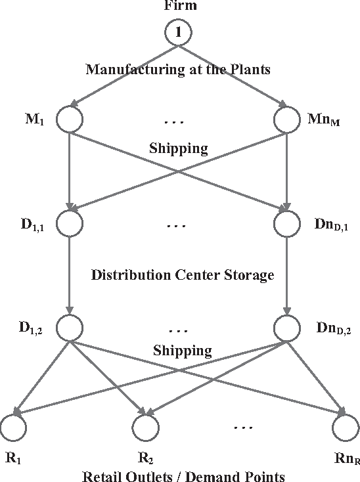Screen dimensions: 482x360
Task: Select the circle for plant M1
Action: (x=69, y=120)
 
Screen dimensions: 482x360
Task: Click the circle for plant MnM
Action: (x=286, y=120)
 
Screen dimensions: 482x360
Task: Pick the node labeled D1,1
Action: (x=69, y=224)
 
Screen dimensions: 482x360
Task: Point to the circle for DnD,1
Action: (x=286, y=224)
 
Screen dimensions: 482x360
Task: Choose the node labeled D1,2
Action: (x=69, y=326)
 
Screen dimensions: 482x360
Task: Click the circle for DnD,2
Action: (x=286, y=326)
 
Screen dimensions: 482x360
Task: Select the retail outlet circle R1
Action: (x=14, y=427)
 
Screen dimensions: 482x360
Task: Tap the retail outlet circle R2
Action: (x=145, y=427)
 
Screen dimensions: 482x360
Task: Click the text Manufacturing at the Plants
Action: (x=179, y=70)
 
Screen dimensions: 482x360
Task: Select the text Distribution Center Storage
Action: (x=182, y=274)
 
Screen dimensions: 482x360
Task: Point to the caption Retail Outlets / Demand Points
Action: (x=183, y=475)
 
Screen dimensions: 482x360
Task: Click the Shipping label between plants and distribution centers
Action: (x=179, y=148)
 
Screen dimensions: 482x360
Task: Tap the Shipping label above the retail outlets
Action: (x=182, y=351)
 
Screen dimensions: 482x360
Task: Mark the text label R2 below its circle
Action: (x=145, y=456)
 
